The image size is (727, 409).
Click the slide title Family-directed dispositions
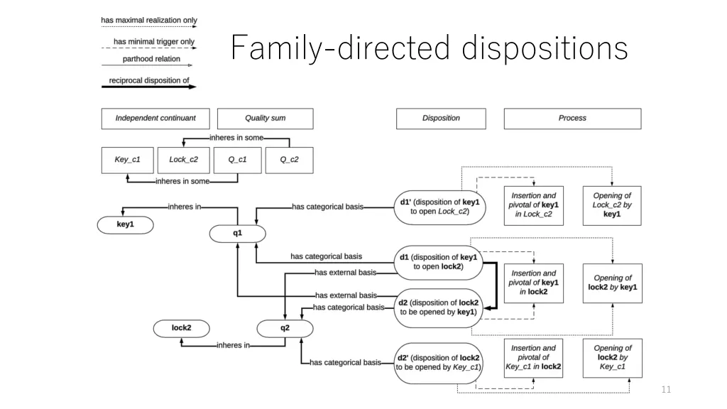coord(430,49)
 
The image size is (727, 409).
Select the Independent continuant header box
coord(155,118)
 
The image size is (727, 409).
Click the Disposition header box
coord(441,118)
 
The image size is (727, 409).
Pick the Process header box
coord(572,118)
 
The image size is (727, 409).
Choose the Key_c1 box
coord(128,160)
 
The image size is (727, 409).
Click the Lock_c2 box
coord(182,160)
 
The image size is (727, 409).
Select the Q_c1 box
coord(237,160)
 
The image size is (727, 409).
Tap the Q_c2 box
coord(289,160)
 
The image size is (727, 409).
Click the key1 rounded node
coord(125,224)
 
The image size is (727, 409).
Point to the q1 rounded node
coord(237,233)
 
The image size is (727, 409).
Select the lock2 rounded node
coord(182,328)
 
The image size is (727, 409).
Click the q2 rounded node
coord(285,328)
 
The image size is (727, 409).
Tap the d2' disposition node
coord(438,362)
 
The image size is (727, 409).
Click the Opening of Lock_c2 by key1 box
coord(612,204)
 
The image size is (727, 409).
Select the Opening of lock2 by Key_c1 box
coord(612,357)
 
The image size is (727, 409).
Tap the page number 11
coord(665,389)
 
